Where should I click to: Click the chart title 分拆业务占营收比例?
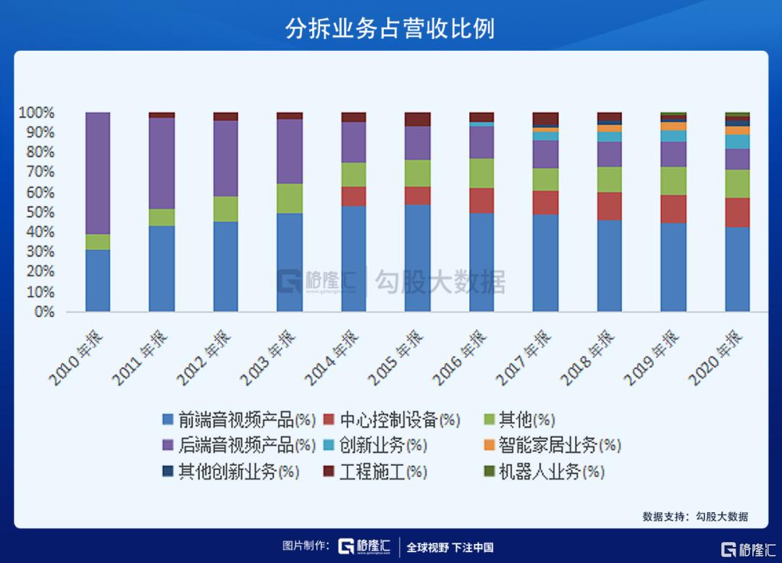[390, 28]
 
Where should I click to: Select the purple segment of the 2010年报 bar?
[98, 172]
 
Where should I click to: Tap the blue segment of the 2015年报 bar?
[417, 258]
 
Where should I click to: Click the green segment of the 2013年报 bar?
[290, 199]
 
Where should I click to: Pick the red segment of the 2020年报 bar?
[737, 212]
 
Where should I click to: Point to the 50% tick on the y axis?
[36, 212]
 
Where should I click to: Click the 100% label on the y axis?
[36, 113]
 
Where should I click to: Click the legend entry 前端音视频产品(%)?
[238, 420]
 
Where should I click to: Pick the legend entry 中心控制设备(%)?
[391, 420]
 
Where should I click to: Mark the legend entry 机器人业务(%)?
[543, 472]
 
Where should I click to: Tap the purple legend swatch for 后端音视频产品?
[168, 445]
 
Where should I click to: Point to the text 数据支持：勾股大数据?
[694, 517]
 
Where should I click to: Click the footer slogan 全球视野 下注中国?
[450, 547]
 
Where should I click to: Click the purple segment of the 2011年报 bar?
[161, 163]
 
